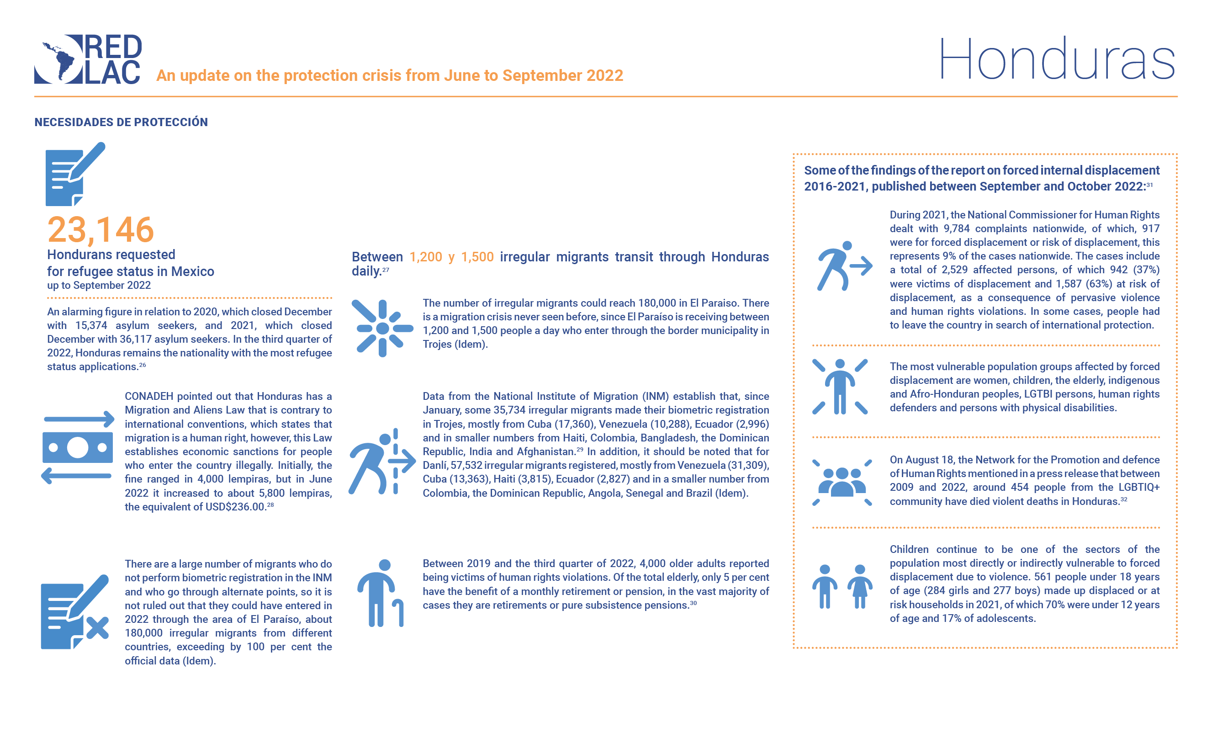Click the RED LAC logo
point(88,59)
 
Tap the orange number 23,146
point(100,230)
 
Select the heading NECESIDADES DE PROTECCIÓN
point(121,122)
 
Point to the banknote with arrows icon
point(77,447)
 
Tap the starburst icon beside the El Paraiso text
point(382,328)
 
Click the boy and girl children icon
point(842,586)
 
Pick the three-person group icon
point(842,482)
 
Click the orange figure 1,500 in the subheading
point(477,257)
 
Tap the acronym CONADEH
point(148,397)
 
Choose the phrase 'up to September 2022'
point(99,285)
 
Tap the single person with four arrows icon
point(840,387)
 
